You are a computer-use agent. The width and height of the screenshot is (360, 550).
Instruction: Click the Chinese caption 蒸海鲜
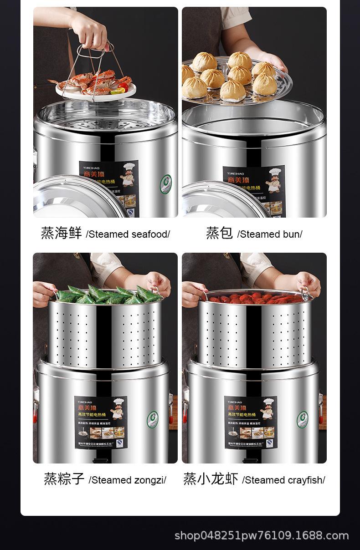pos(61,233)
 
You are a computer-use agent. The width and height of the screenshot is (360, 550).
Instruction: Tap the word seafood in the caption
pos(150,234)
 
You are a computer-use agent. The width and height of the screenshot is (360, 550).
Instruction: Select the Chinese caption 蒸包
pos(219,233)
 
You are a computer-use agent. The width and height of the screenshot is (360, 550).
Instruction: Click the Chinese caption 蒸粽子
pos(64,479)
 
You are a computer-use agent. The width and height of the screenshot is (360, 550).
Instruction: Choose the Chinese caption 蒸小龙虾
pos(211,479)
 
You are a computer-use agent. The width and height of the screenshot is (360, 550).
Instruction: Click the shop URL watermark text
pos(262,535)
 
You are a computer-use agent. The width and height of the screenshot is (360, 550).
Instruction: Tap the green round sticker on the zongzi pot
pos(153,419)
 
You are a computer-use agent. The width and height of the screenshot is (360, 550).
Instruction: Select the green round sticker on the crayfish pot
pos(303,419)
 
